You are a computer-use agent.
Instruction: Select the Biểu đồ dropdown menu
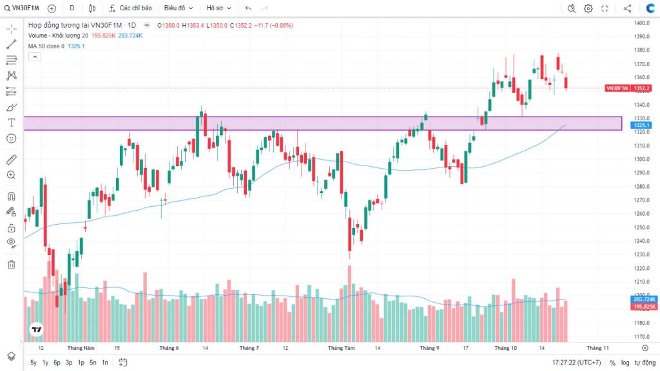coord(178,8)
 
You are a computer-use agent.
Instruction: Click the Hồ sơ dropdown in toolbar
coord(217,8)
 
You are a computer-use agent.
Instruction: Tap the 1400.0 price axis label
coord(641,23)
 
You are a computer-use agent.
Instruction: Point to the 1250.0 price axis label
coord(641,227)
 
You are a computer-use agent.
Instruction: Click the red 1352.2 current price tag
coord(641,88)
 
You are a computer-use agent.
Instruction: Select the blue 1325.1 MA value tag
coord(641,125)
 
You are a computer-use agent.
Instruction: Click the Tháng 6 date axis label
coord(168,348)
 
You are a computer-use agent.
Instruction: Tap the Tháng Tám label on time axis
coord(341,348)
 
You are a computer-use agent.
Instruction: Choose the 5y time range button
coord(33,363)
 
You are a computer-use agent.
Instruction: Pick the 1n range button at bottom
coord(105,363)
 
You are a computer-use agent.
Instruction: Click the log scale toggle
coord(625,363)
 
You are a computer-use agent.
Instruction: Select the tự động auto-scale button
coord(645,363)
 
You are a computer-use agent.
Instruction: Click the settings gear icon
coord(588,8)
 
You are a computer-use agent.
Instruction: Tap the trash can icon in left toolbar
coord(11,264)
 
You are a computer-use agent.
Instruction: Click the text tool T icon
coord(11,122)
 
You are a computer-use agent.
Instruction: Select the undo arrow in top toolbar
coord(248,8)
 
